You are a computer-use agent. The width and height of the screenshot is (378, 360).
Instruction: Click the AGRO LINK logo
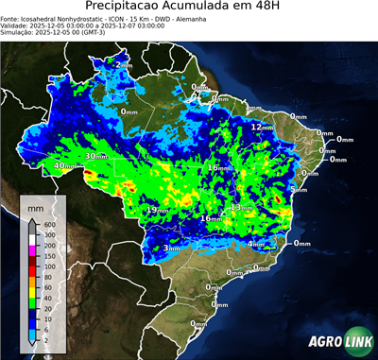[x=339, y=340]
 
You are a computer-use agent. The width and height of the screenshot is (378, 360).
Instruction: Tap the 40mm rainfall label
[x=64, y=165]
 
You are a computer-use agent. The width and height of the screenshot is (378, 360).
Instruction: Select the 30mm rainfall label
[x=95, y=156]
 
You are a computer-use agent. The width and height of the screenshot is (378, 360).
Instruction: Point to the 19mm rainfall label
[x=157, y=209]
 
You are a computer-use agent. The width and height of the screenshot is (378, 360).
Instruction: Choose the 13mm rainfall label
[x=242, y=207]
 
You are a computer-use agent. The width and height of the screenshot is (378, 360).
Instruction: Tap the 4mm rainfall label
[x=255, y=243]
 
